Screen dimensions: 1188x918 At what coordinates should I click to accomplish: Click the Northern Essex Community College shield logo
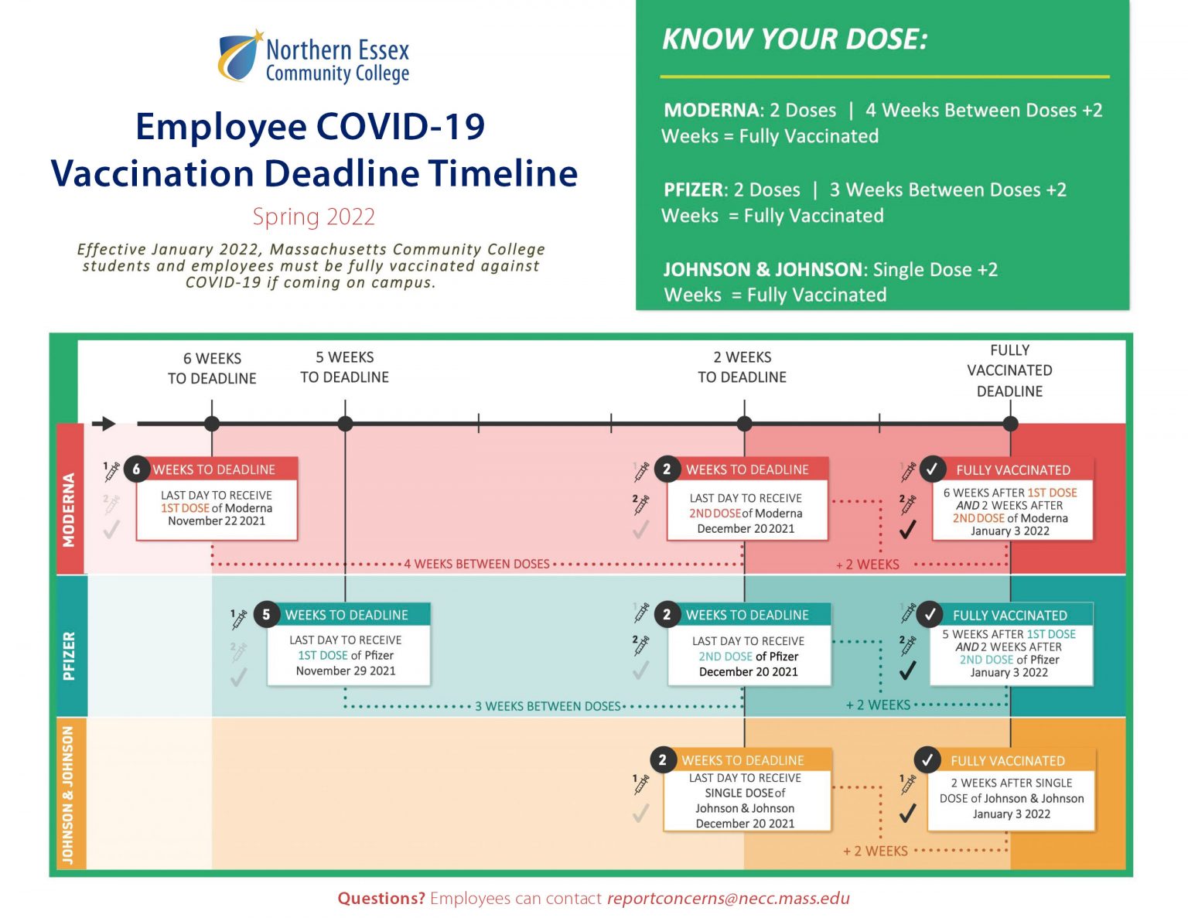(240, 56)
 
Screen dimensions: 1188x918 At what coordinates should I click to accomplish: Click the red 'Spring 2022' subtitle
(314, 217)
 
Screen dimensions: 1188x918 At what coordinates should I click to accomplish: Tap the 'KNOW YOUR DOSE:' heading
(795, 39)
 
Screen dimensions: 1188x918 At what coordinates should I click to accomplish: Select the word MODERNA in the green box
(711, 111)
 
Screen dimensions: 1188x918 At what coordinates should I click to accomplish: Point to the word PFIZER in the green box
(693, 190)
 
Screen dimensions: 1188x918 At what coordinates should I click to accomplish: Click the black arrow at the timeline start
(104, 424)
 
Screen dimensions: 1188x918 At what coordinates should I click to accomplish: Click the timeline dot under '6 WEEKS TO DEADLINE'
(212, 424)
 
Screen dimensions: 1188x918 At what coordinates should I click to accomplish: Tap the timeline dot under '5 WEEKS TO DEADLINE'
(345, 424)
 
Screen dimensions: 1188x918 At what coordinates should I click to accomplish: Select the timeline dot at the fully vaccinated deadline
(1010, 424)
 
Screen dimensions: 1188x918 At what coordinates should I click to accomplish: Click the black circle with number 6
(137, 469)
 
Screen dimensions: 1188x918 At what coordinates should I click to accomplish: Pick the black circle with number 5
(267, 615)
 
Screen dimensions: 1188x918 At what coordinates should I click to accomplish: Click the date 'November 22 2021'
(217, 521)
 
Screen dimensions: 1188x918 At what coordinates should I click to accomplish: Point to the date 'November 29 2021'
(346, 671)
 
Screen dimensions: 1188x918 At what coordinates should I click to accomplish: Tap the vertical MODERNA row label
(69, 510)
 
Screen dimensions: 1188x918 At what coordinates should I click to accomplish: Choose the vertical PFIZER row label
(69, 656)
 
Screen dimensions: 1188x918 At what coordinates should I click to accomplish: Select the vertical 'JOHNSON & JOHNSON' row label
(68, 795)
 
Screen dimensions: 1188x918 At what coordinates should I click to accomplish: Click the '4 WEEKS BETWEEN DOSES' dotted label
(476, 565)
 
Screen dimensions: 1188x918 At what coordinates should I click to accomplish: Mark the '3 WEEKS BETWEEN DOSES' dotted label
(548, 707)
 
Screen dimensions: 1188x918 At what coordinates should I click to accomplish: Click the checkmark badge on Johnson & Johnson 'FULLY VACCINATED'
(928, 760)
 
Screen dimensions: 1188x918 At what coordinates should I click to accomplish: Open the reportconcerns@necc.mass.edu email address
(729, 899)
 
